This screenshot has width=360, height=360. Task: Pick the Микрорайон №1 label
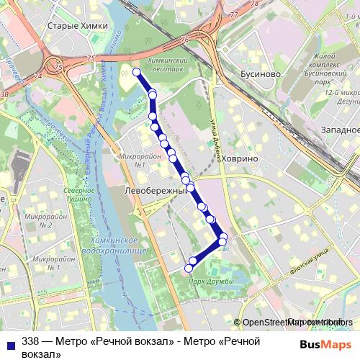coord(133,160)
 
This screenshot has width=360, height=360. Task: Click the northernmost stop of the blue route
coord(136,71)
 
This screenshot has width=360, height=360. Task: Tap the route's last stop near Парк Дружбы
coord(189,269)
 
